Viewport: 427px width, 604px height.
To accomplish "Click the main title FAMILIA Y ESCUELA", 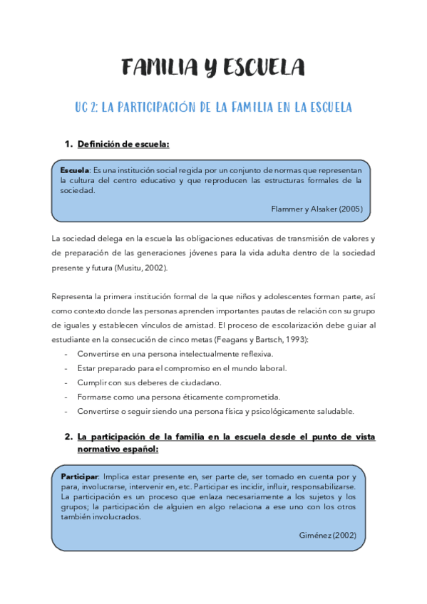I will click(213, 68).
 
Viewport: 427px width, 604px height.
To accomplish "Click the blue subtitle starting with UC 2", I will click(213, 108).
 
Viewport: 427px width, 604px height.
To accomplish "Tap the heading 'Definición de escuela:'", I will click(123, 144).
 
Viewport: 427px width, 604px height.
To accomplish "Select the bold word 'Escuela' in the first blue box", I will click(74, 171).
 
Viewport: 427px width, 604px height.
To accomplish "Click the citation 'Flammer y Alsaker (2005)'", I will click(317, 209).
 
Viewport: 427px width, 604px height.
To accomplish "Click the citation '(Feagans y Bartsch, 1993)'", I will click(261, 340).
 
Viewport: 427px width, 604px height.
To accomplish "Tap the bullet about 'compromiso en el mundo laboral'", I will click(182, 368).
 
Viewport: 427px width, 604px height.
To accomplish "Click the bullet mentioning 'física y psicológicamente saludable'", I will click(215, 411).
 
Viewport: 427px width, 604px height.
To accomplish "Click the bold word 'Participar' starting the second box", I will click(79, 476).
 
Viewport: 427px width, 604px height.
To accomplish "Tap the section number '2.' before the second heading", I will click(68, 437).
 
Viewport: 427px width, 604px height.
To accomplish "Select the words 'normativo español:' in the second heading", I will click(118, 450).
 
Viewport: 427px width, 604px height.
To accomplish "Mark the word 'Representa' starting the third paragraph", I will click(73, 296).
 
